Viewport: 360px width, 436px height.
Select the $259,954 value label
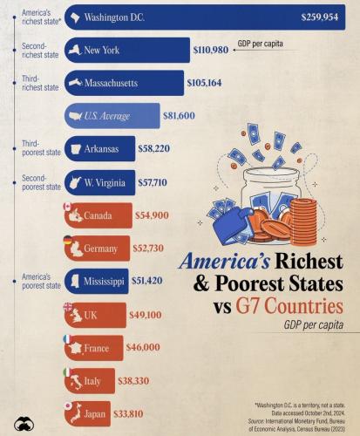[322, 17]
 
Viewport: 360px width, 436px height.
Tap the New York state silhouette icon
[76, 51]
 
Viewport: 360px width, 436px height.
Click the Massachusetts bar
[122, 84]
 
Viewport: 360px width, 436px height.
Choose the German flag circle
[67, 239]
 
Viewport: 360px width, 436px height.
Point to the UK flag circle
[67, 305]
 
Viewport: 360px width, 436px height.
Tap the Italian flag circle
[67, 371]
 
